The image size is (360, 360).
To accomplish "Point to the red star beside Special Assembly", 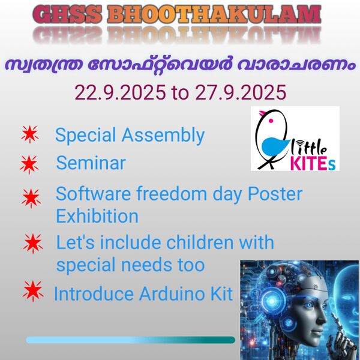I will [x=29, y=135].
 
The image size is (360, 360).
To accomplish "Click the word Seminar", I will [x=91, y=163].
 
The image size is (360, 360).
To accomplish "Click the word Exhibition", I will [x=97, y=215].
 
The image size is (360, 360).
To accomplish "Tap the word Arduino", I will [x=172, y=295].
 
